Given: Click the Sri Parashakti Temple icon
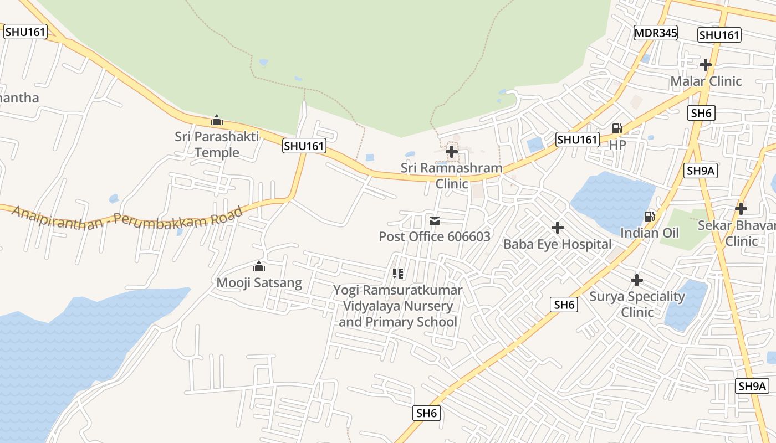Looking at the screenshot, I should [x=217, y=120].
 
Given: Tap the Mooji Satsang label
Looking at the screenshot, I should [x=259, y=283].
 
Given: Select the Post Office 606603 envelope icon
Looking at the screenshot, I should [x=435, y=221].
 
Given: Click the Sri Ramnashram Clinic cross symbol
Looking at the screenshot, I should [x=452, y=151].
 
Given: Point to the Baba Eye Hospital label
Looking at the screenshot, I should [x=557, y=244].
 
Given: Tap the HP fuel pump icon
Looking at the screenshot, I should [x=617, y=128].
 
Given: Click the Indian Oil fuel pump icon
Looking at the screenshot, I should [x=649, y=217].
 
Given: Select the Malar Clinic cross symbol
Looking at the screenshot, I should [x=705, y=65].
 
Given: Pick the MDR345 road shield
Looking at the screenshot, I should [x=656, y=33].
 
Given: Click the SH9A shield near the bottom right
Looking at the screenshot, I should [x=752, y=386].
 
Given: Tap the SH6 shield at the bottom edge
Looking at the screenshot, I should [x=427, y=413].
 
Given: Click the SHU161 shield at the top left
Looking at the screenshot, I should [x=24, y=32].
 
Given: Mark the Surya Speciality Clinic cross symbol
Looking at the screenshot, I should [x=637, y=280].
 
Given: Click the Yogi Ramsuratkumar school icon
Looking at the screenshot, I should [x=397, y=273].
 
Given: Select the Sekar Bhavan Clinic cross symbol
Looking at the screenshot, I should [x=741, y=209].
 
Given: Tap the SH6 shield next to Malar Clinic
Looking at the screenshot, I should [x=702, y=113].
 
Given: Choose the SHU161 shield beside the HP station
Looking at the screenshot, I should [x=578, y=140].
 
